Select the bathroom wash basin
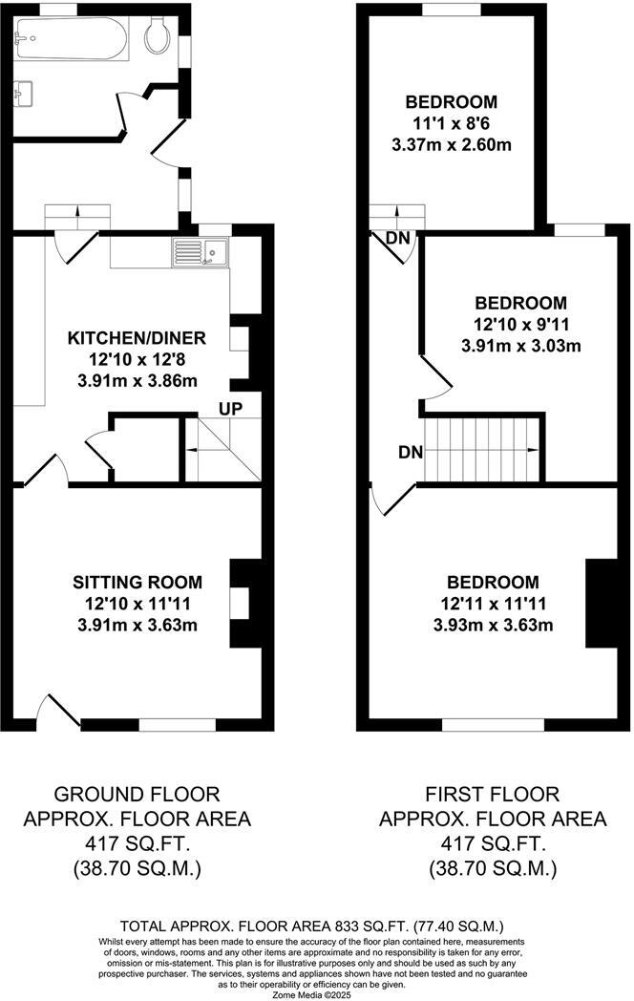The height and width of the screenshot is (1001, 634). pyautogui.click(x=25, y=94)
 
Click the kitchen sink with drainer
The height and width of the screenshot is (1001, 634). pyautogui.click(x=199, y=252)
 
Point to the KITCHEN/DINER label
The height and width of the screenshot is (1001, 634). pyautogui.click(x=136, y=339)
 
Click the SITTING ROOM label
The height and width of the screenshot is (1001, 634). pyautogui.click(x=137, y=582)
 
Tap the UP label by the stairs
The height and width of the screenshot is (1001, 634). pyautogui.click(x=231, y=409)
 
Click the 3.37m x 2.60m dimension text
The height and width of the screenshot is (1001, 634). pyautogui.click(x=452, y=145)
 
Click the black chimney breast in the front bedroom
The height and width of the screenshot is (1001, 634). pyautogui.click(x=602, y=605)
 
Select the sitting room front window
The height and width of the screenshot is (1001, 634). pyautogui.click(x=178, y=725)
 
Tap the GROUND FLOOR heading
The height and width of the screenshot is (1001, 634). pyautogui.click(x=137, y=795)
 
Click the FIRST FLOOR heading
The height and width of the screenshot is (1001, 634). pyautogui.click(x=493, y=795)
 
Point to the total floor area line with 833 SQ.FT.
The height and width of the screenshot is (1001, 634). pyautogui.click(x=311, y=926)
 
